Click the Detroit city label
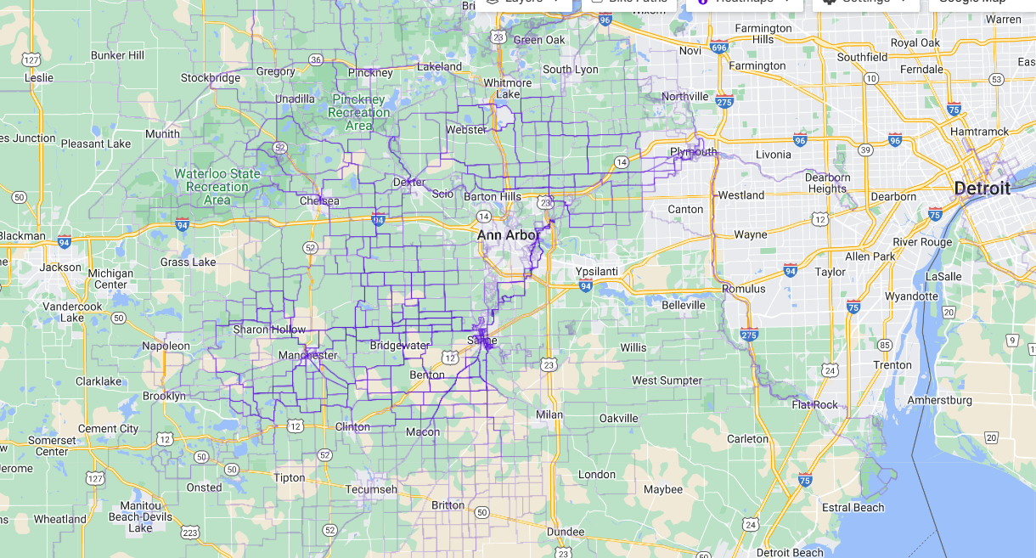tap(982, 188)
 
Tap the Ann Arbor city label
tap(508, 234)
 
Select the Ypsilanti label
tap(600, 271)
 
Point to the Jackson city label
tap(60, 267)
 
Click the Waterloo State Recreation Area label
tap(217, 186)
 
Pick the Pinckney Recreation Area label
tap(359, 112)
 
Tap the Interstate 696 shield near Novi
tap(719, 48)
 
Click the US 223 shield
tap(189, 533)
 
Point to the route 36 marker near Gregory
tap(316, 59)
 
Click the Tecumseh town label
tap(370, 489)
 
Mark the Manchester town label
tap(308, 355)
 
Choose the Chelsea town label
tap(319, 201)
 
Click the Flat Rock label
tap(814, 405)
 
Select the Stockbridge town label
tap(211, 78)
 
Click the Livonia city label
tap(773, 155)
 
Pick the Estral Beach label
tap(853, 507)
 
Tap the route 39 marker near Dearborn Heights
tap(865, 149)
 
